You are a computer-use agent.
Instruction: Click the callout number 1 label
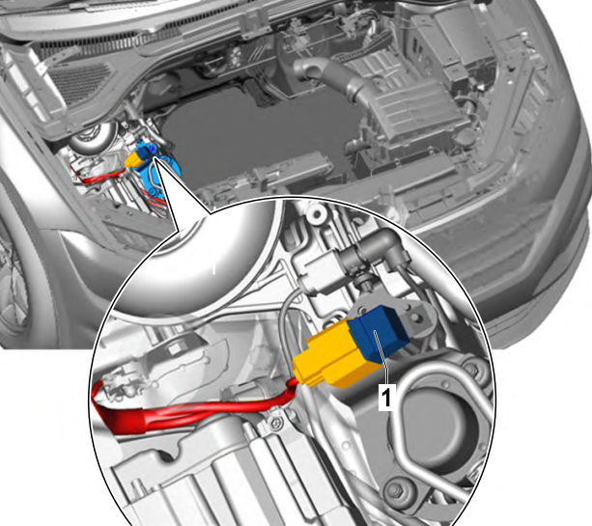click(386, 398)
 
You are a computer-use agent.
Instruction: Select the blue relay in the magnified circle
click(378, 332)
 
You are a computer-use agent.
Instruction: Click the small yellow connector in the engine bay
click(133, 159)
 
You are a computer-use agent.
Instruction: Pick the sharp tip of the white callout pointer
click(155, 159)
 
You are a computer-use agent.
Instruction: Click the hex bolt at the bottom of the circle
click(393, 490)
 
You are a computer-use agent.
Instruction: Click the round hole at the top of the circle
click(317, 214)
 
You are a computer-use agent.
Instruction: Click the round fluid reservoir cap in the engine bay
click(91, 136)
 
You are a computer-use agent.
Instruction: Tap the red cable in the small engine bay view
click(100, 177)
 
